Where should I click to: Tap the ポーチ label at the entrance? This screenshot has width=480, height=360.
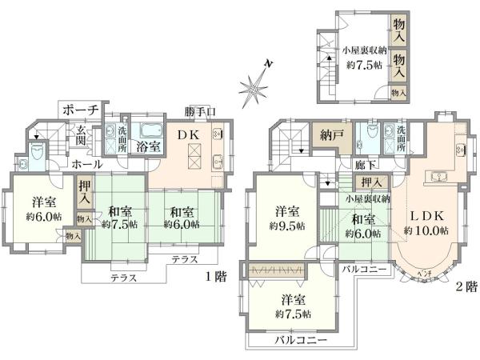coord(80,110)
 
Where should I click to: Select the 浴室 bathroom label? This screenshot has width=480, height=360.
coord(146,146)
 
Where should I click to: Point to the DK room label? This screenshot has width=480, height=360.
coord(189,134)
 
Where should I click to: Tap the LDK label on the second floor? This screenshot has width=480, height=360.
coord(426,215)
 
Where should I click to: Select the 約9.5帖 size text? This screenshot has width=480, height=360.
coord(288,226)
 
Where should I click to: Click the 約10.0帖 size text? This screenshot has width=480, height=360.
coord(426,230)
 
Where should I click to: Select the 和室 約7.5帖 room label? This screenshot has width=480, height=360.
coord(120,218)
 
